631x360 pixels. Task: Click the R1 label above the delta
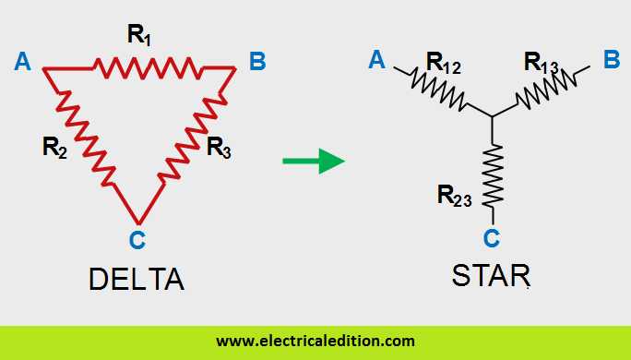pos(141,37)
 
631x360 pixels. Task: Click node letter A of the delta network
pos(24,62)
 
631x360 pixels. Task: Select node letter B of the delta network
pos(257,62)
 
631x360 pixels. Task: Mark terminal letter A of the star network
pos(376,61)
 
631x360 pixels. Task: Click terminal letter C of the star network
pos(492,238)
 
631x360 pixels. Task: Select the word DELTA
pos(137,278)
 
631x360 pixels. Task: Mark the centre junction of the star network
pos(494,116)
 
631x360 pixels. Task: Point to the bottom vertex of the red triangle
pos(137,222)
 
